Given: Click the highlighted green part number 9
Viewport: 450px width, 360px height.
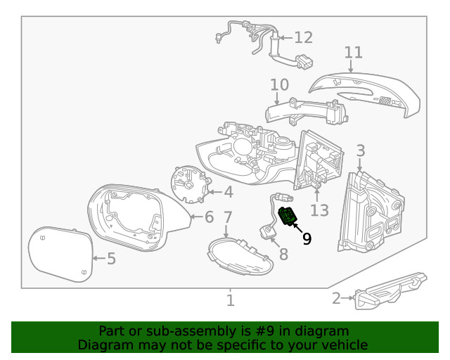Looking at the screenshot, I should coord(288,217).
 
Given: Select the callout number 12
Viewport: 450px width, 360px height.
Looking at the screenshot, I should coord(303,37).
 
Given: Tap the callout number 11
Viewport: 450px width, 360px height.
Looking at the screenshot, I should coord(354,53).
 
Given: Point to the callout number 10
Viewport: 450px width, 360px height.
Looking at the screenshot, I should coord(279,85).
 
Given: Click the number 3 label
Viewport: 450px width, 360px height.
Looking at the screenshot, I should coord(360,150).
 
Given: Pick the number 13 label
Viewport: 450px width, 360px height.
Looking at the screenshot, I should coord(319,210).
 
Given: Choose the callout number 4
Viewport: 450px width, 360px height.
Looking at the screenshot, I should coord(229,192).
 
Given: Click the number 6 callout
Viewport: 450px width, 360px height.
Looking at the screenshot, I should coord(209,217).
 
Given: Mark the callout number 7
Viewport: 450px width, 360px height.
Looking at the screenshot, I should coord(227,217).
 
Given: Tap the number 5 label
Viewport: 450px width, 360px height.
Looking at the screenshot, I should coord(111,259).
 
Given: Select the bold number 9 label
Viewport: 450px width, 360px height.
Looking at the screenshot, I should coord(307,238).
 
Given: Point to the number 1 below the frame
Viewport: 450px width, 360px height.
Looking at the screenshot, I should coord(230,301).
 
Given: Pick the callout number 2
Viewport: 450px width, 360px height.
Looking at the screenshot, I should coord(336,299).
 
